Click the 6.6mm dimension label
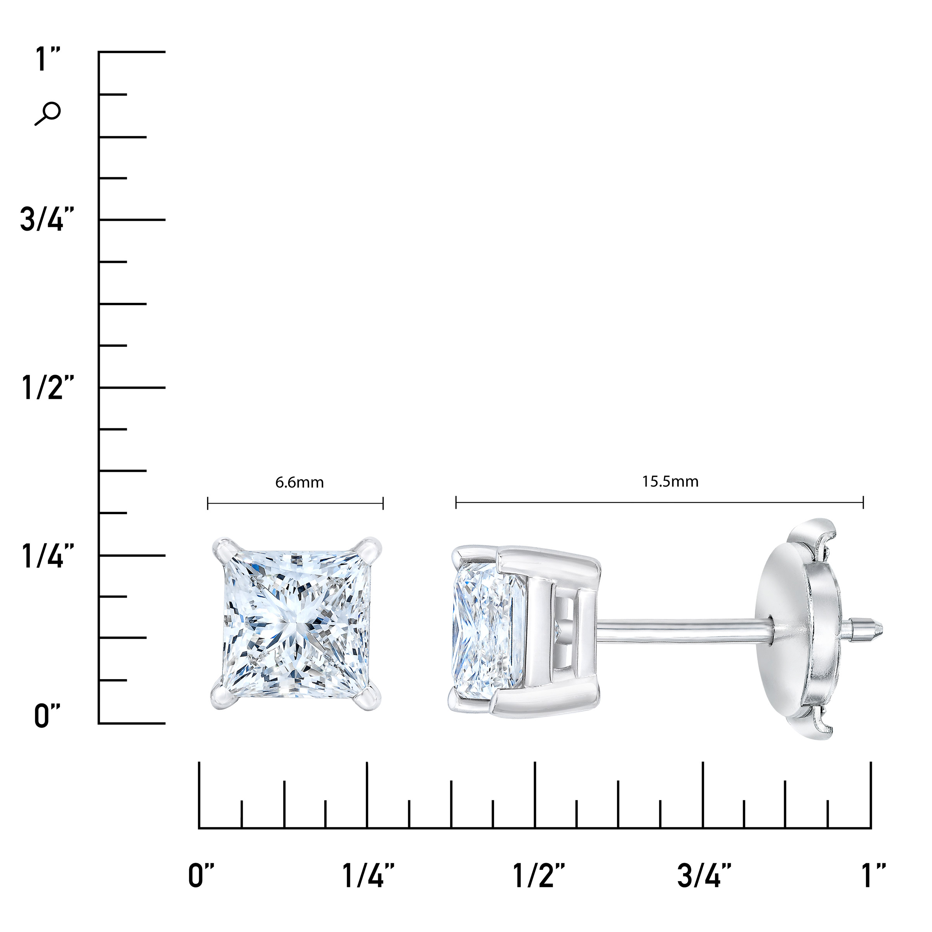(x=299, y=482)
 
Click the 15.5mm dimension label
(x=670, y=482)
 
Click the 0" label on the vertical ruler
(x=47, y=716)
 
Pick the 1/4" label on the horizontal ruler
(x=368, y=876)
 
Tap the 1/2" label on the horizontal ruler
(x=538, y=876)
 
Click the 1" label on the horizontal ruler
(x=873, y=876)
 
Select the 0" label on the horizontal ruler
(x=201, y=876)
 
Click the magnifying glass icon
(x=48, y=114)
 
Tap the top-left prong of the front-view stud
(x=223, y=550)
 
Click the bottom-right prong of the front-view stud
(x=370, y=698)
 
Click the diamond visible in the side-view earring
(x=487, y=627)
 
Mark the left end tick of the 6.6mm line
(x=207, y=504)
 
